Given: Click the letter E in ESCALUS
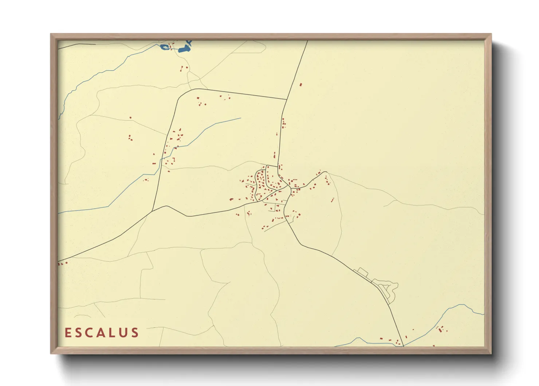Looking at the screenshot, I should click(68, 333).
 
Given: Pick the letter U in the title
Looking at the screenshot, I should click(123, 333).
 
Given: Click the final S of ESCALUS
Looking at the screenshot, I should click(135, 333).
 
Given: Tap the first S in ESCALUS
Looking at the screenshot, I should click(79, 333).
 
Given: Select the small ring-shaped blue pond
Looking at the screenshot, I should click(165, 47).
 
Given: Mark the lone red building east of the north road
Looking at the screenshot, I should click(300, 85).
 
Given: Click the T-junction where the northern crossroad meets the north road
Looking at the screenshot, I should click(287, 99).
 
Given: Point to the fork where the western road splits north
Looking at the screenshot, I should click(152, 211).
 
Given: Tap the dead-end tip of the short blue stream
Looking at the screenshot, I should click(241, 118).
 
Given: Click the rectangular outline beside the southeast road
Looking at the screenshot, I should click(363, 271).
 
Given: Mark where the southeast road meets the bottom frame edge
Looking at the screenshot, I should click(404, 346).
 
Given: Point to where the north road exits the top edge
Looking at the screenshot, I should click(307, 41).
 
